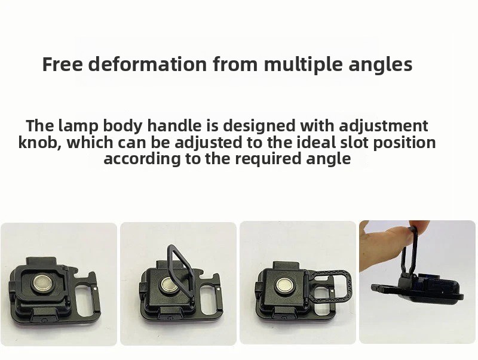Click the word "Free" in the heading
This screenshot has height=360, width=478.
click(x=62, y=64)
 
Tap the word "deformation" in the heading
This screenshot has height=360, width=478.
click(x=148, y=64)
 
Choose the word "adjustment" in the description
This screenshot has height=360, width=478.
click(x=384, y=126)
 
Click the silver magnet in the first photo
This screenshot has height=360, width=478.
click(x=42, y=283)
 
